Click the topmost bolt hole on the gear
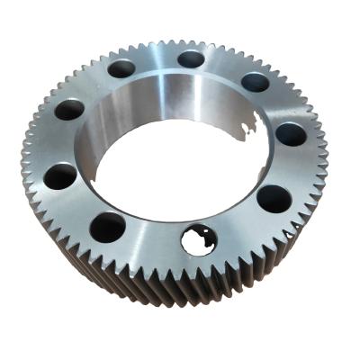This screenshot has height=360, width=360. pos(191,59)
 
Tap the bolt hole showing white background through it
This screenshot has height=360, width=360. pos(196,239)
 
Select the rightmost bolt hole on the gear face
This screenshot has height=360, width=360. pos(291,135)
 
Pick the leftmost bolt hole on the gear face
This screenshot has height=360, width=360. pos(60,175)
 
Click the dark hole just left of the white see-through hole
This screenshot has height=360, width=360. pos(108,227)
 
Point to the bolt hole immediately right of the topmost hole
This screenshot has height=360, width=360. pos(255,82)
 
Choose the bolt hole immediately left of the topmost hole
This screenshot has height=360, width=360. pos(120,68)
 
